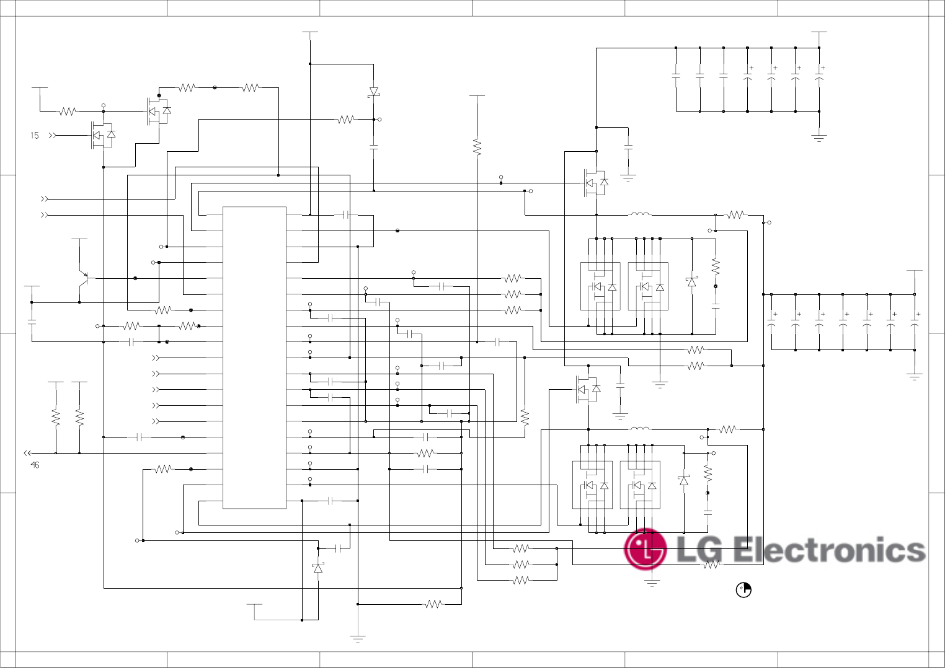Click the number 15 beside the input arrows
pos(35,135)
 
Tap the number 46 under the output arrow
pos(35,465)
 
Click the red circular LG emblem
pos(646,549)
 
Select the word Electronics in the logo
pos(829,550)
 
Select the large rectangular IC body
pos(254,358)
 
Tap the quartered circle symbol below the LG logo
pos(743,590)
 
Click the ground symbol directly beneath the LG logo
pos(652,582)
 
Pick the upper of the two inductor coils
pos(641,214)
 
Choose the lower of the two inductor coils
pos(641,428)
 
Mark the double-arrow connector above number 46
pos(27,453)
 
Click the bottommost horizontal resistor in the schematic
pos(433,604)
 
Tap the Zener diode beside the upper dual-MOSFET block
pos(691,282)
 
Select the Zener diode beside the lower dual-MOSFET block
pos(683,480)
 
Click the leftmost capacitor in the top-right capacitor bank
pos(676,77)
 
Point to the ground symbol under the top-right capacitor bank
pos(819,138)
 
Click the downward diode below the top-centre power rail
pos(373,92)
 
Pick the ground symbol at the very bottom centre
pos(358,638)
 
